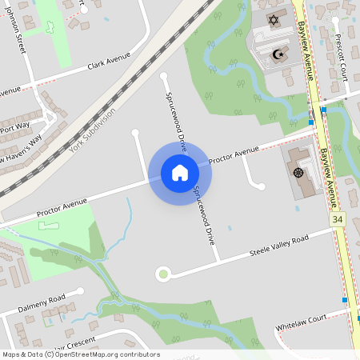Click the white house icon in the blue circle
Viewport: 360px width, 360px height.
click(x=179, y=172)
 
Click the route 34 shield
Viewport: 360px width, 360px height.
click(x=338, y=218)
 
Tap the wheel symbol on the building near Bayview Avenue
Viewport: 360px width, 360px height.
click(x=298, y=172)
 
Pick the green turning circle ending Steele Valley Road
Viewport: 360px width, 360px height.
click(x=164, y=274)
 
